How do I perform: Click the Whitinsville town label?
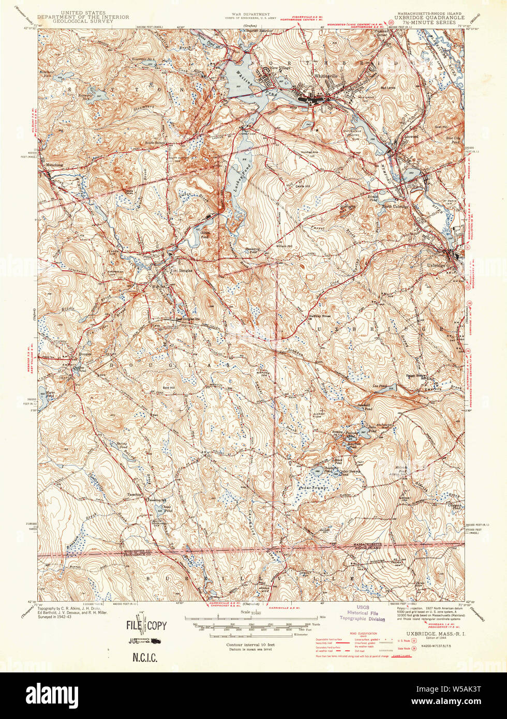[x=325, y=76]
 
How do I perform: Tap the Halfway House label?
[x=319, y=316]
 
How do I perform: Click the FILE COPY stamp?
[x=147, y=625]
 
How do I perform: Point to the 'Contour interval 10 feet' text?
[x=250, y=645]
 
